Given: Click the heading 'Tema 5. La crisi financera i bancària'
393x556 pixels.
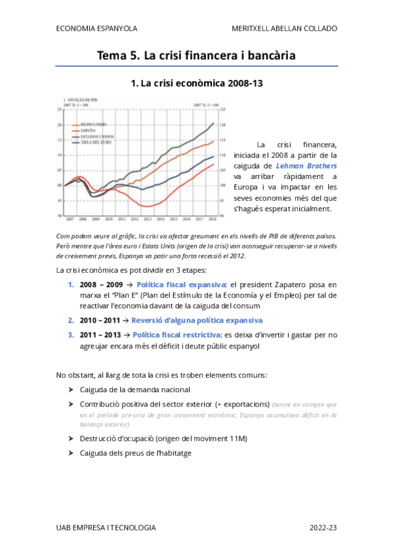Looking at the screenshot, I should pos(196,56).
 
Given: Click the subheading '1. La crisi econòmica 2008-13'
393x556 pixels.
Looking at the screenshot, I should pos(196,84).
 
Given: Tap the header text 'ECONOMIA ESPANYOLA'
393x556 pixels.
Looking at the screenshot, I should pos(96,29).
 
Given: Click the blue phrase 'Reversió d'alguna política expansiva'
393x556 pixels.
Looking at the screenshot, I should pos(197,321).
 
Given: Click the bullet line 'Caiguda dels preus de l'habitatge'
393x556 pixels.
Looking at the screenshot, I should pos(136,453).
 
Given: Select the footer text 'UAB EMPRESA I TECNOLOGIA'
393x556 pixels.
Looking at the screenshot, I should pos(106,527).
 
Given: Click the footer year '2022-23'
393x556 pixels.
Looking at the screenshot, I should pos(323,527).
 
